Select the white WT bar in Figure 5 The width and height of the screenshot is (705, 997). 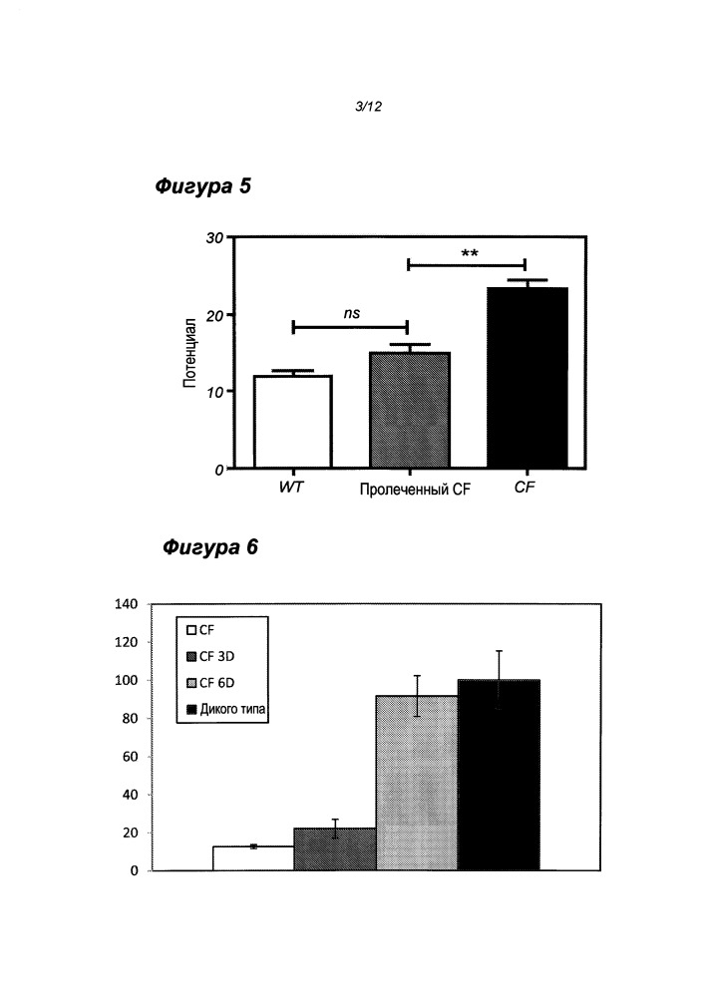pyautogui.click(x=292, y=422)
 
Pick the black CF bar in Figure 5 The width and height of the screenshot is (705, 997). pyautogui.click(x=526, y=378)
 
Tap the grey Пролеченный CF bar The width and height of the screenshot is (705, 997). pyautogui.click(x=409, y=410)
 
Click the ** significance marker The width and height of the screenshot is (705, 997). pyautogui.click(x=470, y=253)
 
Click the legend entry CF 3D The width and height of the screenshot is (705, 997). pyautogui.click(x=223, y=656)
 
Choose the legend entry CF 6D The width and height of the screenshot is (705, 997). pyautogui.click(x=223, y=683)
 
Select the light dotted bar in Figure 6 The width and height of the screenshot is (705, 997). pyautogui.click(x=416, y=783)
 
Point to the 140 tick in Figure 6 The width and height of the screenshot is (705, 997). pyautogui.click(x=127, y=604)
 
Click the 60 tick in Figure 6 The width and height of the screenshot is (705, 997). pyautogui.click(x=131, y=757)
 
